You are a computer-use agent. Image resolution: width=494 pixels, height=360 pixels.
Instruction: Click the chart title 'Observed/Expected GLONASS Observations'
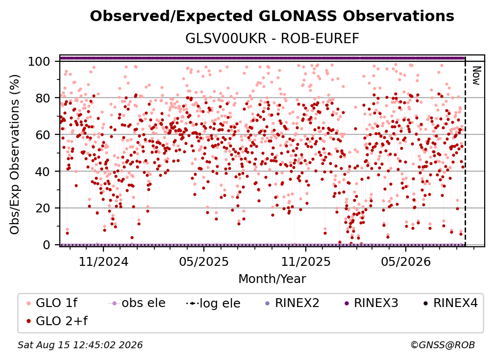(x=272, y=16)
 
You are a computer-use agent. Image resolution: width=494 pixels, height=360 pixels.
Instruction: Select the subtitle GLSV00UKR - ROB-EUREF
(x=272, y=39)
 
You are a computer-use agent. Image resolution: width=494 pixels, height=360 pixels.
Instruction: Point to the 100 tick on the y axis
(x=39, y=61)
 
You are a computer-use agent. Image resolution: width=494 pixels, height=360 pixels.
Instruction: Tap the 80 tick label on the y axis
(x=43, y=98)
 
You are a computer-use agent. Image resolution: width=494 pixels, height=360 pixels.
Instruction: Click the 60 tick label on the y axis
(x=43, y=134)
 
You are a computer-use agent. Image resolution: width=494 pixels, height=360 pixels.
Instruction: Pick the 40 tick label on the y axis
(x=43, y=172)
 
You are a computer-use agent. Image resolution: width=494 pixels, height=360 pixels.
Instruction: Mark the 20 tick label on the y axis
(x=43, y=208)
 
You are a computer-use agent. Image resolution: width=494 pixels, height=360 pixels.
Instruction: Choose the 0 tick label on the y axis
(x=47, y=245)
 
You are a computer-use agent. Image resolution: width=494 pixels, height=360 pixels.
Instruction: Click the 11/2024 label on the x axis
(x=103, y=261)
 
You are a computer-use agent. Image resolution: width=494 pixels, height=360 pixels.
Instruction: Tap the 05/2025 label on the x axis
(x=204, y=261)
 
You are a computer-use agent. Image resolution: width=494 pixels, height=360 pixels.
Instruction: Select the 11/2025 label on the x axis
(x=306, y=261)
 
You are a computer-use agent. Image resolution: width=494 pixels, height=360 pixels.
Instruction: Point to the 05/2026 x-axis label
(x=406, y=261)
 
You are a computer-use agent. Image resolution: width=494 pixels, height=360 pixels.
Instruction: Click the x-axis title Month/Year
(x=272, y=279)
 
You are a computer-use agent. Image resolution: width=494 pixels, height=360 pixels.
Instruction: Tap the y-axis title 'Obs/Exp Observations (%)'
(x=15, y=154)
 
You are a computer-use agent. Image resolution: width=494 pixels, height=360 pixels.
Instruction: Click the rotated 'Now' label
(x=476, y=76)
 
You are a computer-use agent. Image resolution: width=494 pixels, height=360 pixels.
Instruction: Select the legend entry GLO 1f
(x=52, y=303)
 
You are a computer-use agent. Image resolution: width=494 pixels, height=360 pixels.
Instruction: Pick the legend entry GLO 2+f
(x=57, y=321)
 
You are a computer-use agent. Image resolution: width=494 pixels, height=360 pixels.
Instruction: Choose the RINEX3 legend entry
(x=372, y=303)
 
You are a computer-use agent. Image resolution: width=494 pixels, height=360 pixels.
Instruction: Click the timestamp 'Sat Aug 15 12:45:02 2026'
(x=80, y=345)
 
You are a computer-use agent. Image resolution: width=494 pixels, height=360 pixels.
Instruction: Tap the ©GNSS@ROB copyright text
(x=443, y=345)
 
